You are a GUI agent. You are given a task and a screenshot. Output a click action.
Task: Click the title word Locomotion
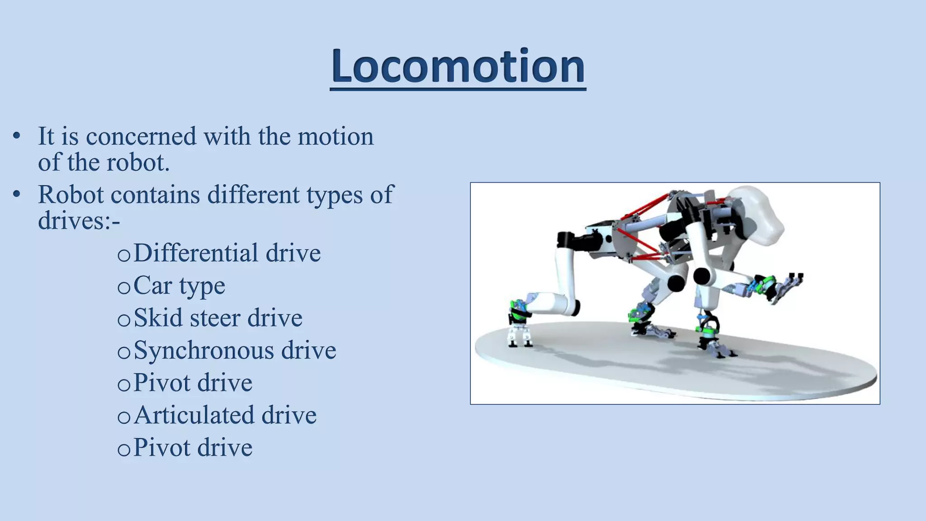(x=458, y=66)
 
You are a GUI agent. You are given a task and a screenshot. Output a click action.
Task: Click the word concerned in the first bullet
(x=141, y=137)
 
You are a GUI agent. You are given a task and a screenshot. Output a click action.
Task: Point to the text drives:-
(x=79, y=221)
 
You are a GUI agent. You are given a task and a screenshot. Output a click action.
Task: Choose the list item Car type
(x=179, y=286)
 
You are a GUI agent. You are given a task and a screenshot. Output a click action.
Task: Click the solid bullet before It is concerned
(x=17, y=136)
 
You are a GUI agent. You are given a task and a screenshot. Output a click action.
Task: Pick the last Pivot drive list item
(x=193, y=448)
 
